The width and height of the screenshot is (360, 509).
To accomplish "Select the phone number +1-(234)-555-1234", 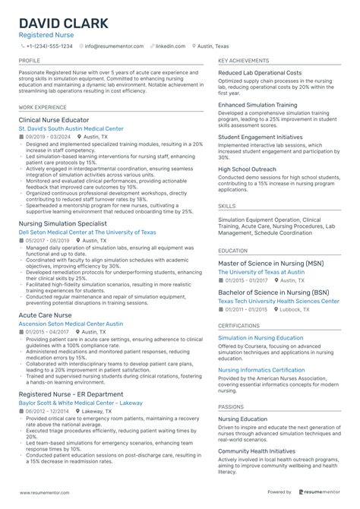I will pyautogui.click(x=49, y=46).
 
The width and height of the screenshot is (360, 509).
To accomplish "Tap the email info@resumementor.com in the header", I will pyautogui.click(x=114, y=46).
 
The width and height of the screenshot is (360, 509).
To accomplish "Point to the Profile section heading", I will pyautogui.click(x=30, y=60).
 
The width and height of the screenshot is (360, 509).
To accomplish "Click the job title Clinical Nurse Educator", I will pyautogui.click(x=53, y=120).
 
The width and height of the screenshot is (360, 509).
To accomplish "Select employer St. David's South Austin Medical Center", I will pyautogui.click(x=71, y=129).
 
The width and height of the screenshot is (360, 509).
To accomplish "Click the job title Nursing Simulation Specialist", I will pyautogui.click(x=65, y=224).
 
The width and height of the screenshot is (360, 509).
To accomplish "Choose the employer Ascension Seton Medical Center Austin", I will pyautogui.click(x=71, y=324).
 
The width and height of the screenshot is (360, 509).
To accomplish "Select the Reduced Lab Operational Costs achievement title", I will pyautogui.click(x=260, y=73).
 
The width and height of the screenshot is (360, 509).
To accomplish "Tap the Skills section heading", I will pyautogui.click(x=226, y=206).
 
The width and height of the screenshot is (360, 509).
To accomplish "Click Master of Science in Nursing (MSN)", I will pyautogui.click(x=270, y=263).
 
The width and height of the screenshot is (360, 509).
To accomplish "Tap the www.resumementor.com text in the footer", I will pyautogui.click(x=50, y=492).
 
